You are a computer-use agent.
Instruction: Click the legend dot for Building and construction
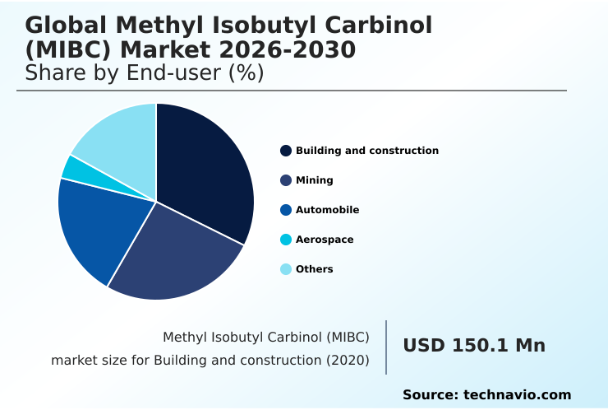[286, 151]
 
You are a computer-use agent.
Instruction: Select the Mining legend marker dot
[286, 180]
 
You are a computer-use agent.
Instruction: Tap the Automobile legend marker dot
[286, 210]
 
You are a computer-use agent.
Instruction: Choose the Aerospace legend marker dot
[286, 240]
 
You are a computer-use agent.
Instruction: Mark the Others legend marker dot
[286, 269]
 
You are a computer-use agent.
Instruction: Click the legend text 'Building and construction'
[366, 151]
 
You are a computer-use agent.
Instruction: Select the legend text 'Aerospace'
[325, 240]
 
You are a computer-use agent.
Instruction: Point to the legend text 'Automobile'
[327, 210]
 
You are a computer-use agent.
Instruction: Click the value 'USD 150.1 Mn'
[473, 346]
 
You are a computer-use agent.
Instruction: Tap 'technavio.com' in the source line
[517, 395]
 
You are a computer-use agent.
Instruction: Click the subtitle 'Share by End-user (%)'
[144, 73]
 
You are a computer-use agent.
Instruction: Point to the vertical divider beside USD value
[386, 347]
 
